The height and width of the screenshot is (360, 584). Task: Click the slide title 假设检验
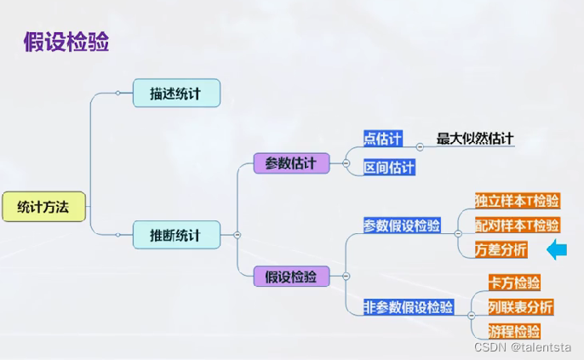point(66,42)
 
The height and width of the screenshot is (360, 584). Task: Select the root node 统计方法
point(43,206)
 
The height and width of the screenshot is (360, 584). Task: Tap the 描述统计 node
point(176,93)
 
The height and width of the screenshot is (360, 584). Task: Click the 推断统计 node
point(176,234)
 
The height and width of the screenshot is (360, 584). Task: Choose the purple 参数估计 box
point(290,163)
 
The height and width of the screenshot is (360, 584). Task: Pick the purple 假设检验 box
point(290,276)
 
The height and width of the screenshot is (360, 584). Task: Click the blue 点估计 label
point(382,139)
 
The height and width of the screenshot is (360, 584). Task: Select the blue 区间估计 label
point(389,167)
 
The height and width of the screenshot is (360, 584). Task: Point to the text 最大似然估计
point(475,139)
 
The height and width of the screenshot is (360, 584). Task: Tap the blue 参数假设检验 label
point(402,226)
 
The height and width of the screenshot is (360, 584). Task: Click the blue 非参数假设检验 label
point(408,306)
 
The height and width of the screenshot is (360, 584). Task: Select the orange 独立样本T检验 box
point(518,201)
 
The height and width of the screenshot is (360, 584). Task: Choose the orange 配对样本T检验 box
point(518,225)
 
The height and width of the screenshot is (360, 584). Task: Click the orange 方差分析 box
point(501,249)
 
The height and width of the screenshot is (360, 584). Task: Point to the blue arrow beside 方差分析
point(557,249)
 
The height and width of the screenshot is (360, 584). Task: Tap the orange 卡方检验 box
point(514,282)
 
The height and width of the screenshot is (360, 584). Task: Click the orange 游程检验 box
point(514,330)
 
